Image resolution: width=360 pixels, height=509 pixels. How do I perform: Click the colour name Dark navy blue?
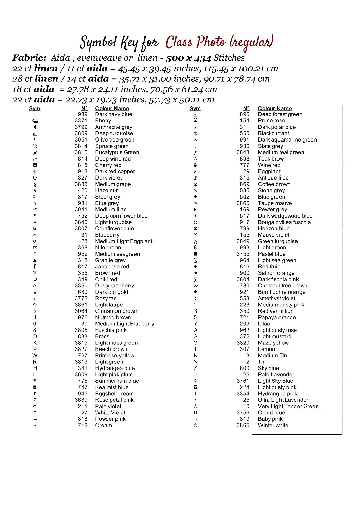click(x=113, y=114)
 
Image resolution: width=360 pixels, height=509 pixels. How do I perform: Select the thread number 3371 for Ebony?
click(x=81, y=121)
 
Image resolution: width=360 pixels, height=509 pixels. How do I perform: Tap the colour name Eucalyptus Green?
click(x=117, y=153)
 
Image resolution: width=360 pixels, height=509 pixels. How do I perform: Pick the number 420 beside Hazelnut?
click(x=83, y=191)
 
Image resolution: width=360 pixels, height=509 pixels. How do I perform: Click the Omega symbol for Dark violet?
click(x=35, y=178)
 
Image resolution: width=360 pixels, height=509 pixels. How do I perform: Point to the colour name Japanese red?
click(x=112, y=267)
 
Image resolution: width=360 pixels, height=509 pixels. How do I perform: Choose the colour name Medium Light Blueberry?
click(x=124, y=324)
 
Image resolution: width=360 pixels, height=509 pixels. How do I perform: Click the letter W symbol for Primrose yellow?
click(x=35, y=356)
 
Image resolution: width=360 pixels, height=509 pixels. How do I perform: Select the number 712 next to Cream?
click(x=83, y=426)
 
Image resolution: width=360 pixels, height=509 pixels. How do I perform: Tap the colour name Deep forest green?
click(x=280, y=114)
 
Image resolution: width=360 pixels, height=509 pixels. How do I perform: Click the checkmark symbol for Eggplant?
click(x=195, y=172)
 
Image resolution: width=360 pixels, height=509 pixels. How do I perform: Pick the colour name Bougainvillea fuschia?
click(x=284, y=222)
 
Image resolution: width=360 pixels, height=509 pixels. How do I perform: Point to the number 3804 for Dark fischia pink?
click(x=243, y=280)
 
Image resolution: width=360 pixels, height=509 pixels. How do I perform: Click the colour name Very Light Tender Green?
click(x=288, y=407)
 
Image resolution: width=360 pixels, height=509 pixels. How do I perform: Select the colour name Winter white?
click(x=273, y=426)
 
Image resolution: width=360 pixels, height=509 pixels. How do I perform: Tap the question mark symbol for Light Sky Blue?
click(x=195, y=381)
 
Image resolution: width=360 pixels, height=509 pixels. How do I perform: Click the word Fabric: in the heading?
click(x=29, y=58)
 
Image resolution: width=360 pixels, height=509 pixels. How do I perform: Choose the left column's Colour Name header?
click(x=112, y=109)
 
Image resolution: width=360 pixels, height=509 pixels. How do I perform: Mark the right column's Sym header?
click(x=195, y=109)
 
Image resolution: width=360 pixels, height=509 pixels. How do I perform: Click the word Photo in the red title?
click(x=211, y=42)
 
